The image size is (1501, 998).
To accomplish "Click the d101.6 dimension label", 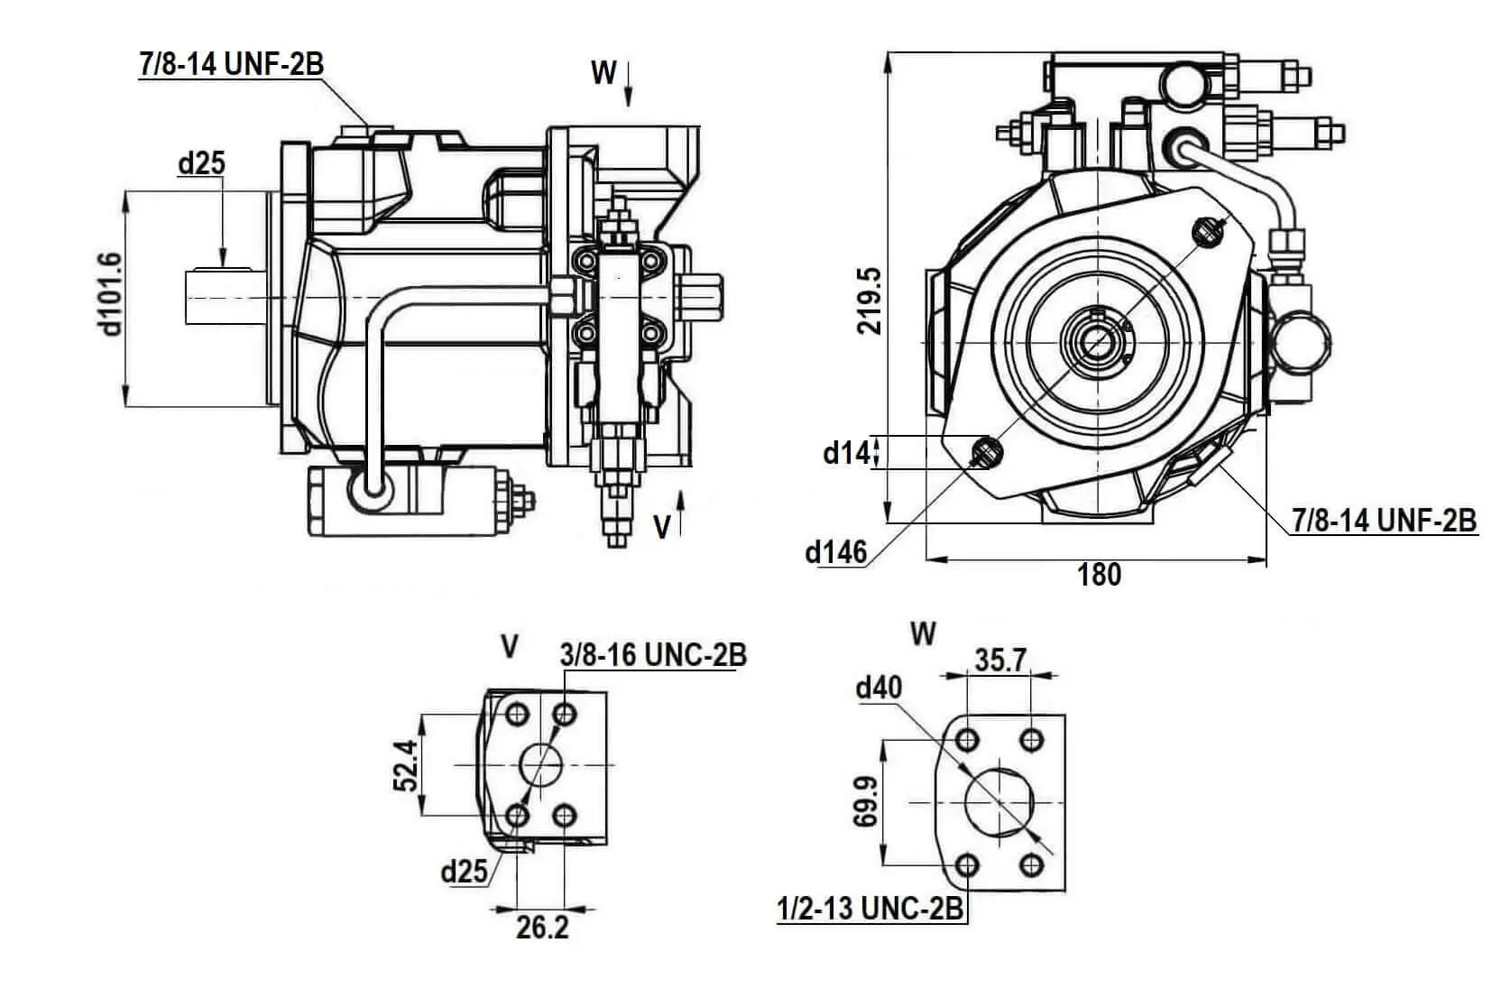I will click(x=110, y=294).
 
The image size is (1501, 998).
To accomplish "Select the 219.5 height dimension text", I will click(x=870, y=300).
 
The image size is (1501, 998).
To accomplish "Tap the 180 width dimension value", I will click(x=1100, y=575).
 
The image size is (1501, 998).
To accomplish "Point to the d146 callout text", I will click(x=836, y=551).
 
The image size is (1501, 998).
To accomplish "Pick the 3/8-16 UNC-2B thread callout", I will click(x=653, y=655).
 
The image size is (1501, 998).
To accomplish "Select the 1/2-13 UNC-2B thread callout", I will click(x=870, y=909).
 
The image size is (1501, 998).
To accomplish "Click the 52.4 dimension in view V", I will click(x=406, y=765).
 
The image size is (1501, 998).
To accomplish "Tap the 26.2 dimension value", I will click(x=542, y=928).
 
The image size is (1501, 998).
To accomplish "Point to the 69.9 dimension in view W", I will click(x=863, y=802).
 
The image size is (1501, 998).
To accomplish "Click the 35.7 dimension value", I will click(x=999, y=661).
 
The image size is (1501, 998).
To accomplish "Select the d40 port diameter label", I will click(x=879, y=688).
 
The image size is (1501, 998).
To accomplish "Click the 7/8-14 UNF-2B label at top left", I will click(x=231, y=64).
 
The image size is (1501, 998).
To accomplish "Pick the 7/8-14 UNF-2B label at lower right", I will click(x=1384, y=521).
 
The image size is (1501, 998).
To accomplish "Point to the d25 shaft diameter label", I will click(x=201, y=163).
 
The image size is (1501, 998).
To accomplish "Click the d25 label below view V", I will click(x=464, y=871).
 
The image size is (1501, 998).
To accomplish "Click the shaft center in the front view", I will click(x=1099, y=344).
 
